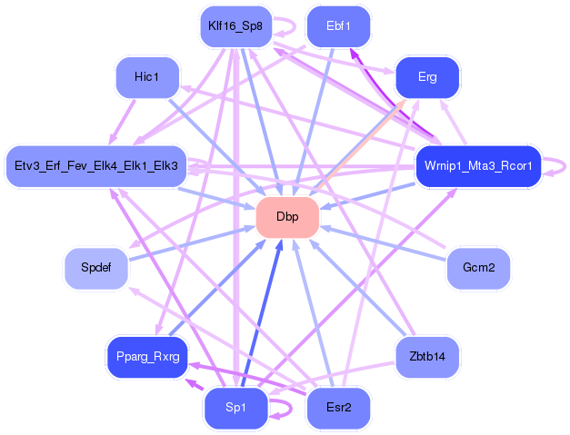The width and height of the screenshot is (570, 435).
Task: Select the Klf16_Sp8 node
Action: (235, 27)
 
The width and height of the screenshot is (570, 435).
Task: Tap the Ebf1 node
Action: (337, 27)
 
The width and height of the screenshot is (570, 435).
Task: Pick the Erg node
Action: (427, 77)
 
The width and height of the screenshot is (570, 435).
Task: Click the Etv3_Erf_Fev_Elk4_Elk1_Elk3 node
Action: (96, 166)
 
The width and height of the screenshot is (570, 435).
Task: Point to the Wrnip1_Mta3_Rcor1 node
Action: (478, 166)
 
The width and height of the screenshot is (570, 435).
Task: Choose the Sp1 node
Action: (235, 408)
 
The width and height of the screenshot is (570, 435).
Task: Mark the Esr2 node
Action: (338, 408)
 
